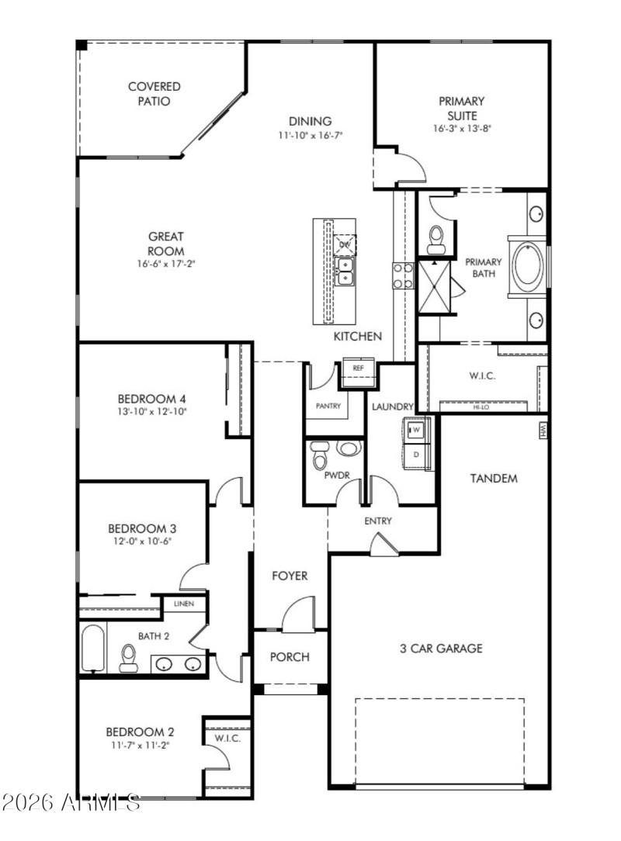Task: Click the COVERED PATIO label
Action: pos(154,94)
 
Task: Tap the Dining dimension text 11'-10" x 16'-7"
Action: pos(310,135)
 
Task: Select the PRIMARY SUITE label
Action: pos(462,108)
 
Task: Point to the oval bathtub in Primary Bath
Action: pos(528,266)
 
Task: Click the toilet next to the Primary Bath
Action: pos(436,239)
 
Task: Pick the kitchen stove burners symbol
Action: pos(402,275)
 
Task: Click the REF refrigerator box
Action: pos(358,368)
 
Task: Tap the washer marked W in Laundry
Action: pos(416,429)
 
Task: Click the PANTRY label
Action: pos(328,406)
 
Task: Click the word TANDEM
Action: pos(493,479)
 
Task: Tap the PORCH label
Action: pos(289,657)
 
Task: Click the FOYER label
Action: pos(289,576)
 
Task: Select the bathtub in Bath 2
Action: pos(92,648)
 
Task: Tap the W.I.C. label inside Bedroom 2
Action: pos(227,738)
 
